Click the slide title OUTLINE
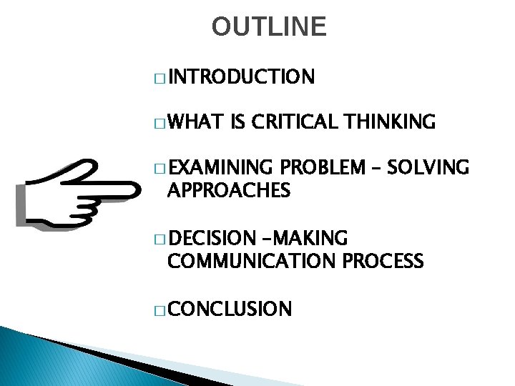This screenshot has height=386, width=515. pos(269,26)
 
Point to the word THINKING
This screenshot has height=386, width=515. pos(391,122)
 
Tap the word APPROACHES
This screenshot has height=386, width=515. pos(228,191)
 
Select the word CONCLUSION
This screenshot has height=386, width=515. pos(230,309)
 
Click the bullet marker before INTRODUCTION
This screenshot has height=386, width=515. pos(159,78)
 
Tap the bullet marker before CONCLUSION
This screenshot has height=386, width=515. pos(159,310)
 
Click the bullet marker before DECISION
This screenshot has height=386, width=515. pos(159,238)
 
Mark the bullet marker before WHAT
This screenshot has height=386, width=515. pos(159,124)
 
